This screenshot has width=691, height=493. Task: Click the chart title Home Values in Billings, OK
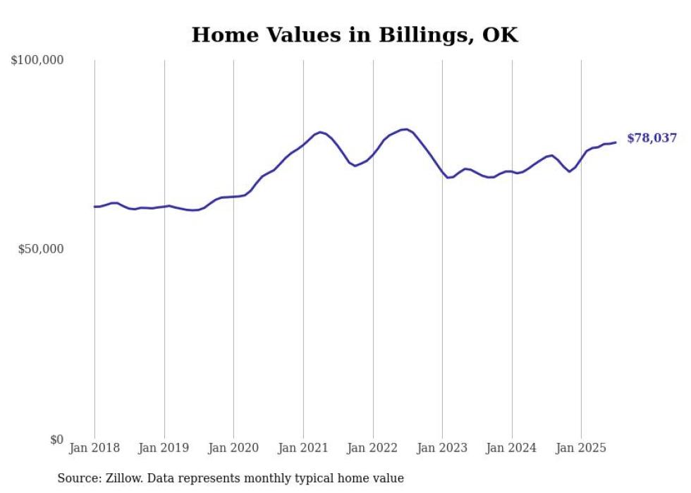click(355, 35)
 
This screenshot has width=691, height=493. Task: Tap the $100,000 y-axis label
click(37, 61)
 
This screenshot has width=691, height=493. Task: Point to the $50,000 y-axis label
click(41, 250)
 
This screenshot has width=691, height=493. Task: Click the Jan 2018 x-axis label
click(94, 448)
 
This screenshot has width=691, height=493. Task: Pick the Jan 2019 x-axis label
click(164, 448)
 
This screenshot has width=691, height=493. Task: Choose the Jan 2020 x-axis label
click(234, 448)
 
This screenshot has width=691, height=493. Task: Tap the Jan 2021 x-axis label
click(303, 448)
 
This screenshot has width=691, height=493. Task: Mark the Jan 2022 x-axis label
click(373, 448)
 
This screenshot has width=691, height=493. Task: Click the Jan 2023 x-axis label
click(442, 448)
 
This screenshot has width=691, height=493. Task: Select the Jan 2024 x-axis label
click(512, 448)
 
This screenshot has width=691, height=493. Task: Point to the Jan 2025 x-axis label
click(581, 448)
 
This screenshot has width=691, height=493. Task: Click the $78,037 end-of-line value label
click(652, 138)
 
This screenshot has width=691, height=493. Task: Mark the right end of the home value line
click(616, 142)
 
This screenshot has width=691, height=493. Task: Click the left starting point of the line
click(94, 207)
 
